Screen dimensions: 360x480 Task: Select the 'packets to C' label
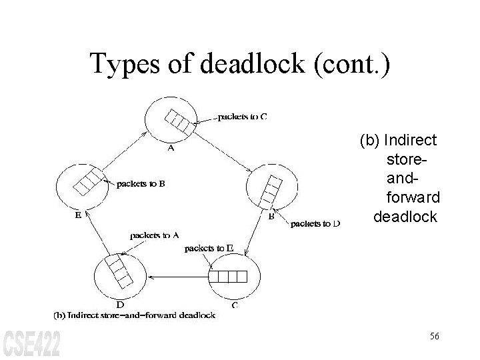tap(243, 117)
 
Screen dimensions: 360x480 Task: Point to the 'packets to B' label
tap(141, 183)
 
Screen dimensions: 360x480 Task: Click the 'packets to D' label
tap(315, 224)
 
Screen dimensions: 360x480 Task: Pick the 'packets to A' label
tap(154, 235)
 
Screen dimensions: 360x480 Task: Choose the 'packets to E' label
tap(209, 249)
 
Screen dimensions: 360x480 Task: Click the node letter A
tap(171, 149)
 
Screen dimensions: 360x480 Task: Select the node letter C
tap(235, 306)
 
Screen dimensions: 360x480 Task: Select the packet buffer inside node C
tap(229, 275)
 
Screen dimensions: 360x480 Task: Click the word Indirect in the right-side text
tap(411, 141)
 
